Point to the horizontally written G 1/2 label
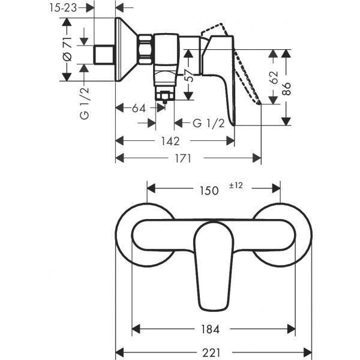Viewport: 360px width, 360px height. (x=209, y=124)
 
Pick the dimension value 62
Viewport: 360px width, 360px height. (x=275, y=77)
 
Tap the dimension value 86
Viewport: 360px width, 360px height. (x=289, y=90)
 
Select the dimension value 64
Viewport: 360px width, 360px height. (x=139, y=109)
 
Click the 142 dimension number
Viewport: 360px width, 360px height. (x=171, y=141)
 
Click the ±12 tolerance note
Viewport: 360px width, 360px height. (x=235, y=186)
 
